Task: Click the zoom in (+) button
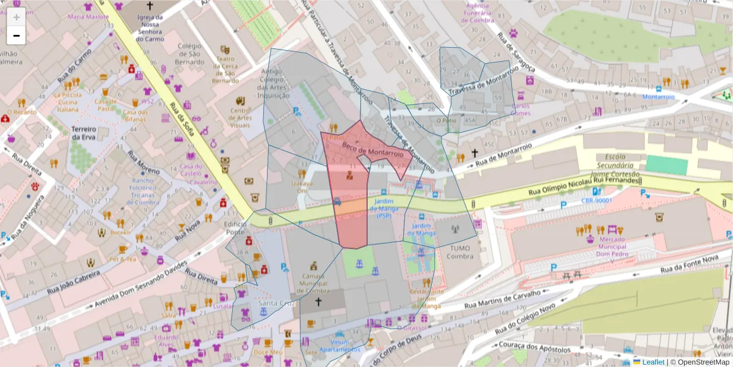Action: click(16, 17)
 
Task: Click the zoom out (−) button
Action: click(16, 35)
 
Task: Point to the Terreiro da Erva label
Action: click(84, 134)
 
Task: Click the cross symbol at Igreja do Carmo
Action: click(150, 6)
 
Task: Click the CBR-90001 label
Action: click(596, 200)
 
